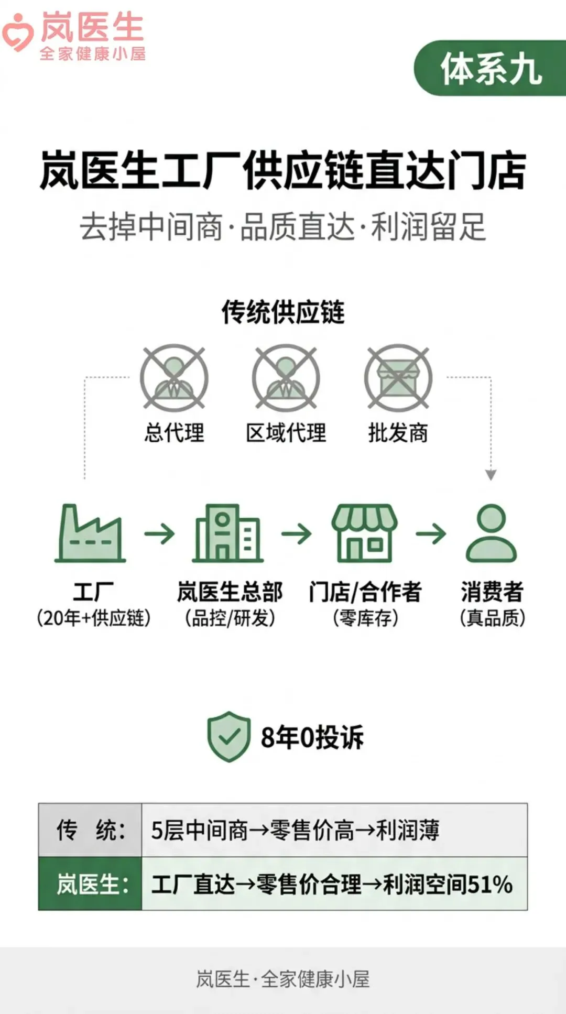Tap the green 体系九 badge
point(491,68)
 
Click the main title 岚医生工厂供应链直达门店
point(283,170)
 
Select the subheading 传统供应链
point(283,312)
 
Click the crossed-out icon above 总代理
point(174,377)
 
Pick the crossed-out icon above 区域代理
point(286,377)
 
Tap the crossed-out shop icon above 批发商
point(398,377)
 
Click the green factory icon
point(90,533)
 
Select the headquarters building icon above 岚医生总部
point(227,533)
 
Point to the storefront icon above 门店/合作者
point(364,533)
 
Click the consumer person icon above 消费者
point(492,533)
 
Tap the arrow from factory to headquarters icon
point(159,534)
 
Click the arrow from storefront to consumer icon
point(431,534)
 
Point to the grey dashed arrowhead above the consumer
point(491,475)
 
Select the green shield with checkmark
point(228,736)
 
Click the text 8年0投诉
point(312,737)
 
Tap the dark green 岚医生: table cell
point(90,884)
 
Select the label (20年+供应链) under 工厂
point(93,618)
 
